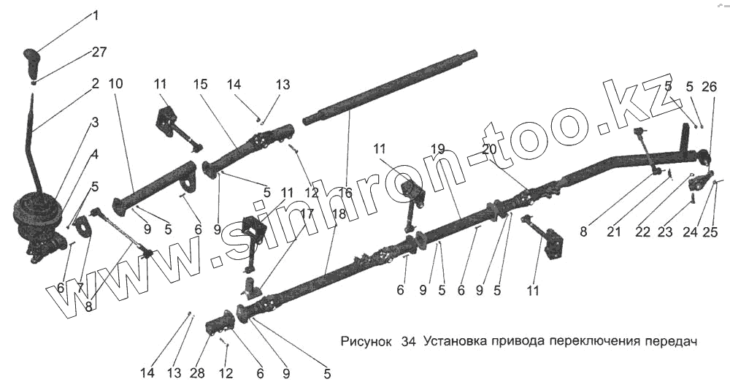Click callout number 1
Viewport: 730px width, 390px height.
[95, 15]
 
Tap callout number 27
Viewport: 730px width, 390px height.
[99, 53]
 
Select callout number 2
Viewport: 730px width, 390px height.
[95, 84]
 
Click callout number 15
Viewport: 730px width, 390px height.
[201, 84]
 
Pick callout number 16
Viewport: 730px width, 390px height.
[345, 193]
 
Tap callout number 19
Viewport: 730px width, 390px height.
[437, 150]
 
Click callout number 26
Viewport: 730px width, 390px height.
[709, 87]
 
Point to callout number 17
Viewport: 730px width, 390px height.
[306, 215]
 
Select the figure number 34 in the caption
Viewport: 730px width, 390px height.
[407, 342]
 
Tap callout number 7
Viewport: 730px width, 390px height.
[80, 288]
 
